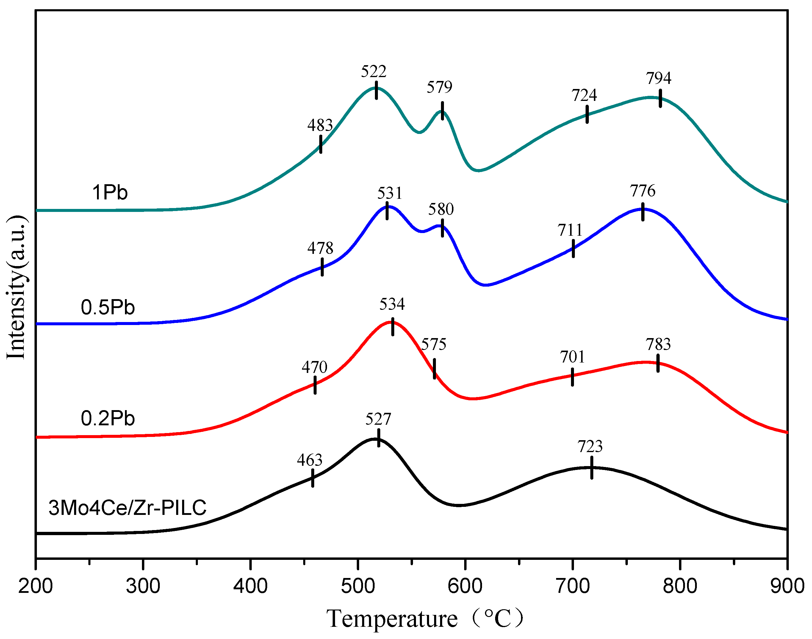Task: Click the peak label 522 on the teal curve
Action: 373,71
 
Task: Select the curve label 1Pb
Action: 109,193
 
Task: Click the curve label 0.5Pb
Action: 108,307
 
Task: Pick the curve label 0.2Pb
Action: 108,418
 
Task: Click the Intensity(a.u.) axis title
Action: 16,287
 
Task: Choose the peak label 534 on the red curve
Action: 392,304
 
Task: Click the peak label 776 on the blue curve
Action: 643,191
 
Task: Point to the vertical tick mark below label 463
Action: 312,478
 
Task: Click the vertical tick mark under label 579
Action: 442,111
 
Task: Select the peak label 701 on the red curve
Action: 572,357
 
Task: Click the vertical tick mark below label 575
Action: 434,368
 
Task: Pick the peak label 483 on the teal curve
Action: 320,125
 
